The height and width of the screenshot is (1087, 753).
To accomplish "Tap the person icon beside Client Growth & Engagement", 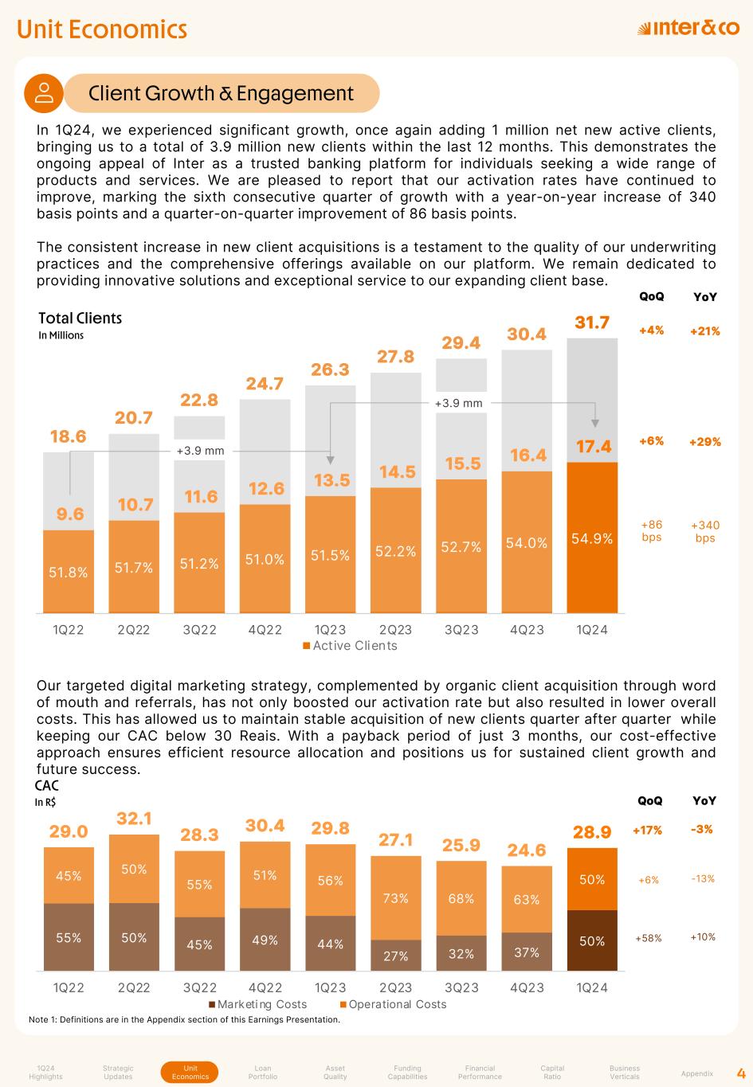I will (x=44, y=93).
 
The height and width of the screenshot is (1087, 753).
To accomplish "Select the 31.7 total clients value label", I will (x=592, y=323).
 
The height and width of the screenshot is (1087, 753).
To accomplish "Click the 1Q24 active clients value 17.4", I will (x=592, y=447).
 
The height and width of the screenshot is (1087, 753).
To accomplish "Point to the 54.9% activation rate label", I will (x=592, y=539).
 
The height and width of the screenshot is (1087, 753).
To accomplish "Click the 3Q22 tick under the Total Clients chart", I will (x=199, y=630).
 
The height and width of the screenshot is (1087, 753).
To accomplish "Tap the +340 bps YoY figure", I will (x=704, y=531).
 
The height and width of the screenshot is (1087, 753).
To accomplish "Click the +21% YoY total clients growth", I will (x=704, y=330).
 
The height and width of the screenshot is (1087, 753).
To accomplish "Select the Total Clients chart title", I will (x=80, y=319).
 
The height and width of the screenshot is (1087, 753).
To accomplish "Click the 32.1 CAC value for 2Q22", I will (x=134, y=818).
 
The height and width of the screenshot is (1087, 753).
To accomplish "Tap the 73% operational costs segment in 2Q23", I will (x=396, y=898).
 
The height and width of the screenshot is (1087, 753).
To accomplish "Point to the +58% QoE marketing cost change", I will (x=649, y=938).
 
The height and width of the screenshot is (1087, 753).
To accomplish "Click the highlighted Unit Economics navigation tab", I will (x=190, y=1073).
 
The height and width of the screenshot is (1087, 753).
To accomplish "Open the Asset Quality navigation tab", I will (x=335, y=1073).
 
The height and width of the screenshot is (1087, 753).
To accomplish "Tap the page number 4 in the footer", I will (x=740, y=1072).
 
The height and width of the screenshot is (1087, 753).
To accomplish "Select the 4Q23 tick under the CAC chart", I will (x=527, y=988).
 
